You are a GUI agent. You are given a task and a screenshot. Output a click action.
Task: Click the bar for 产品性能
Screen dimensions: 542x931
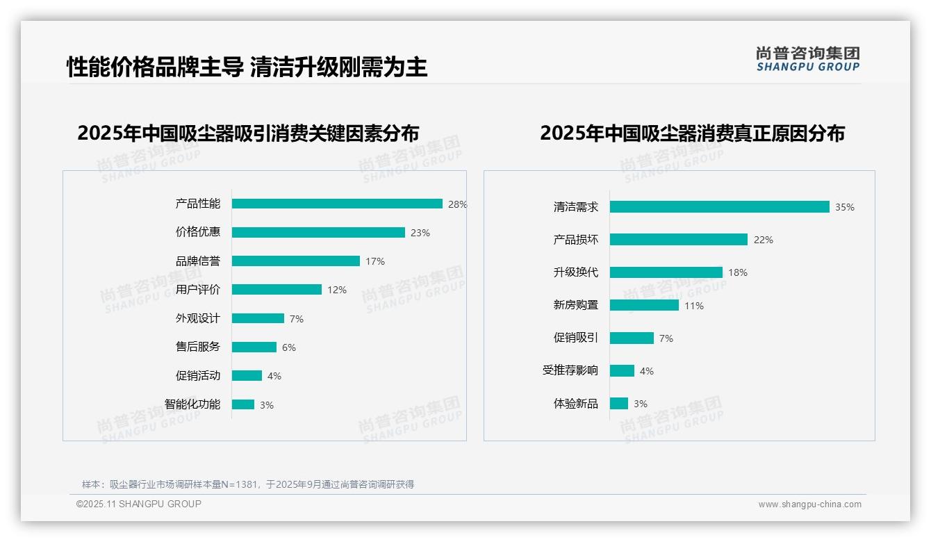337,204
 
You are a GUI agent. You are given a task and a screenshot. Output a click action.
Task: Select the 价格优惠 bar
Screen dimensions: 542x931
318,233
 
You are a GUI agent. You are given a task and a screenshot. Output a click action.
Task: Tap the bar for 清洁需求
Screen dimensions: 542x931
719,207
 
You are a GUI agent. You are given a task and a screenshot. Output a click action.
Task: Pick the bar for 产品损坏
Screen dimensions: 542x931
678,240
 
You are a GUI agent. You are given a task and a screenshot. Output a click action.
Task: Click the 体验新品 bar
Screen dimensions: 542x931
619,404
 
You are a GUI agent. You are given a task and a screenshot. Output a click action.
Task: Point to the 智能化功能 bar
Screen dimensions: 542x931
243,404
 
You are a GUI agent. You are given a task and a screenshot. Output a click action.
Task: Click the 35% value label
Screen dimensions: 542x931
845,207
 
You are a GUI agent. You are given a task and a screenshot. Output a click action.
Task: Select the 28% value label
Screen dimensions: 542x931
457,204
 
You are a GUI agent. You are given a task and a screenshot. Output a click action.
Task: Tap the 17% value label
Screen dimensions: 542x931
375,261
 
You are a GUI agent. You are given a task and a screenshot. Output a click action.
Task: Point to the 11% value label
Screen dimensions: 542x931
694,306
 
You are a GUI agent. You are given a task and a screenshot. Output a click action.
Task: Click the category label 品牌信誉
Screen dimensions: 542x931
197,261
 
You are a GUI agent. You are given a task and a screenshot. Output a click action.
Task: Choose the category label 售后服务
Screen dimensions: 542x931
197,347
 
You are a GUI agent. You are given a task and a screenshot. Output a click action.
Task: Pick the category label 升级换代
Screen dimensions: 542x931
575,272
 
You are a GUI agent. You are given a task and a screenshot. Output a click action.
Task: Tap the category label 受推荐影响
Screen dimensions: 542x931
570,370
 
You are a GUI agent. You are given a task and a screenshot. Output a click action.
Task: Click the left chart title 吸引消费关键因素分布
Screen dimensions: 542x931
248,133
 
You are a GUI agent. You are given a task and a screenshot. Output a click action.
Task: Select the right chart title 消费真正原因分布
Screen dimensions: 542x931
692,133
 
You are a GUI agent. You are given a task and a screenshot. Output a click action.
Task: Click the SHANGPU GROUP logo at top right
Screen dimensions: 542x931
807,59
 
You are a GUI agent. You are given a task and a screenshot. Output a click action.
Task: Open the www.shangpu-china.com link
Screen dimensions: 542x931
809,504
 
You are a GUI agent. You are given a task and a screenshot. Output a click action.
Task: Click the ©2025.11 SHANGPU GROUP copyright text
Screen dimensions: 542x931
139,504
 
